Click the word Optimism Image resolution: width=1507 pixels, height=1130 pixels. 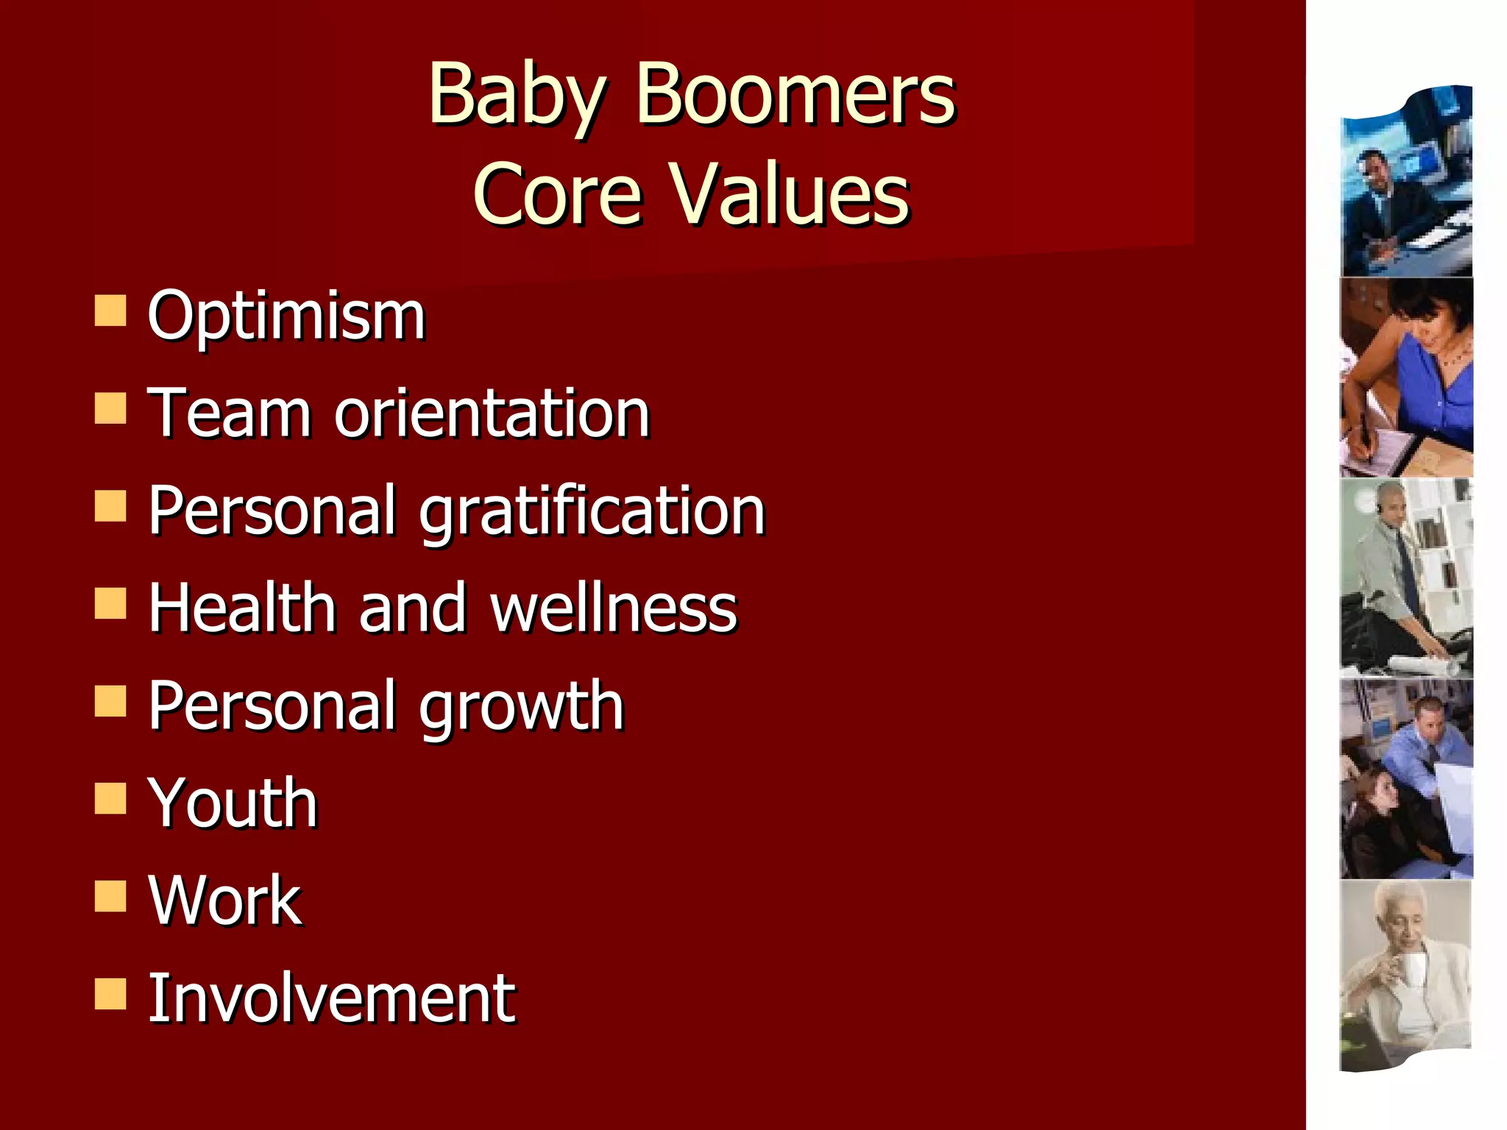[286, 316]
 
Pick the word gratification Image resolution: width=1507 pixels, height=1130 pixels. [592, 512]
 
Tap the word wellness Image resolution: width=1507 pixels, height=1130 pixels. [614, 608]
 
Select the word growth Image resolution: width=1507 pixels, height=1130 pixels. [522, 707]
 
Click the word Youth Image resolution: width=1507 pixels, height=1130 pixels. [233, 803]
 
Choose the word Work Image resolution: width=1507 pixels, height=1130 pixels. [224, 900]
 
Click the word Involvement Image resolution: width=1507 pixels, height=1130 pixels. [331, 998]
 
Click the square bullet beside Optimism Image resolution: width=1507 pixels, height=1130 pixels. [110, 310]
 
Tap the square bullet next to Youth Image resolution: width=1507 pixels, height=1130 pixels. [110, 798]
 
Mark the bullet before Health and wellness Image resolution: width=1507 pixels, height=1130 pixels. [110, 603]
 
